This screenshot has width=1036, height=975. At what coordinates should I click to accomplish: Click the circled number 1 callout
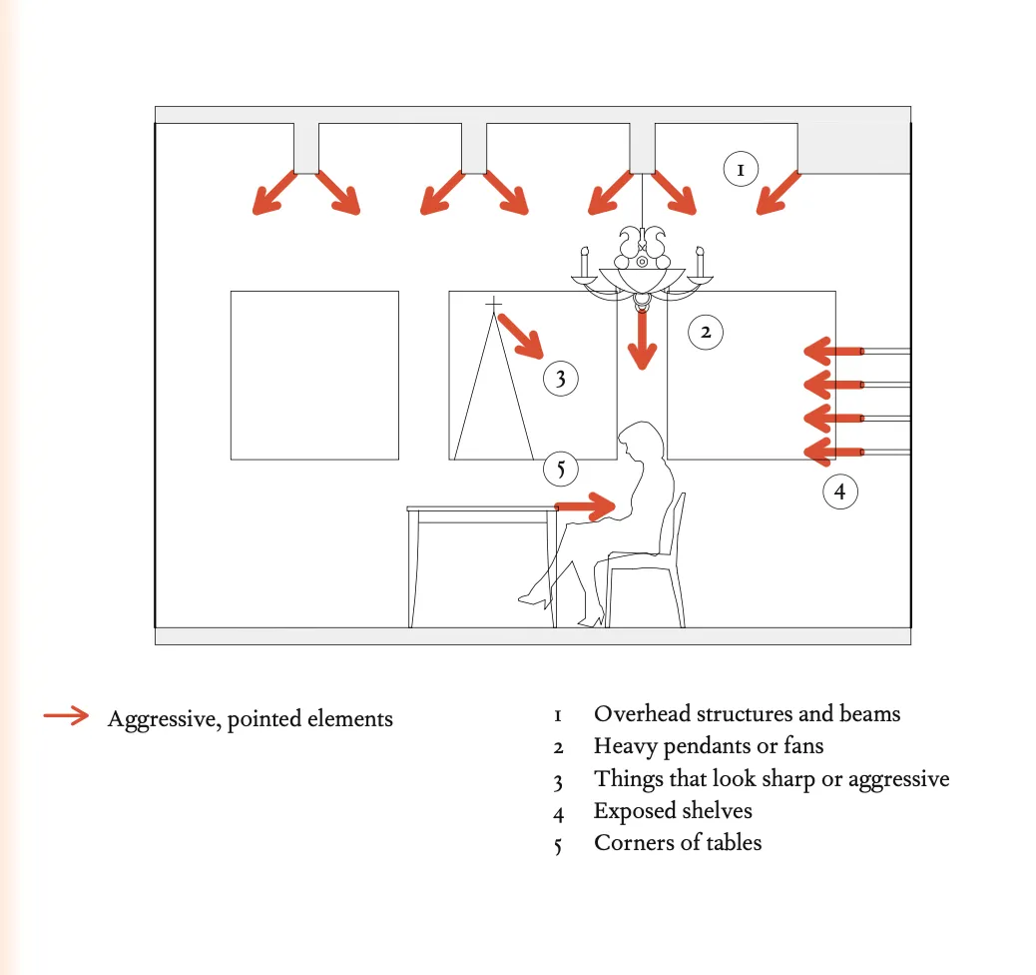click(x=740, y=170)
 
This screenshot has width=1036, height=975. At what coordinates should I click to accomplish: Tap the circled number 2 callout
click(x=706, y=332)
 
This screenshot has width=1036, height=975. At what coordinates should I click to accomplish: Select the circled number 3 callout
click(x=560, y=379)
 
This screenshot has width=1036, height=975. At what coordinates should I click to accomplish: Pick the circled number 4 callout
click(x=839, y=491)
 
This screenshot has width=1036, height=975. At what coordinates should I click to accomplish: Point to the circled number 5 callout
click(x=560, y=469)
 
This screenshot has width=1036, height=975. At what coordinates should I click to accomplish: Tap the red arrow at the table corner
click(x=586, y=507)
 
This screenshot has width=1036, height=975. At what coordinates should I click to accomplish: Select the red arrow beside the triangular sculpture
click(x=521, y=337)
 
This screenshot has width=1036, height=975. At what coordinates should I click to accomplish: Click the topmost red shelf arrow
click(x=833, y=352)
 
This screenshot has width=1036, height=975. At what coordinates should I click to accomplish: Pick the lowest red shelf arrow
click(x=833, y=452)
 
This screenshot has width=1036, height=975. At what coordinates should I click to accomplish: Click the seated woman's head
click(x=642, y=441)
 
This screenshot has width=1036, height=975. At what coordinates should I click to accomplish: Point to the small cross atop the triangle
click(x=494, y=304)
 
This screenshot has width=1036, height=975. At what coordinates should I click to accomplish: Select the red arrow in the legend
click(x=66, y=715)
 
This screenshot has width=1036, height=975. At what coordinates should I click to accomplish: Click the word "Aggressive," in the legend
click(x=164, y=719)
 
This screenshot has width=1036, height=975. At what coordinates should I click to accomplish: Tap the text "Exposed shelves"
click(x=673, y=811)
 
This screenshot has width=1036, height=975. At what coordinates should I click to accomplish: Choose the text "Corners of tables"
click(x=678, y=843)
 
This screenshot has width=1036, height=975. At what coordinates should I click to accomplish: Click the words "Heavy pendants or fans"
click(x=709, y=746)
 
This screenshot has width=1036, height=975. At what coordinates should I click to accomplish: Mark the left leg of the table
click(x=413, y=569)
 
